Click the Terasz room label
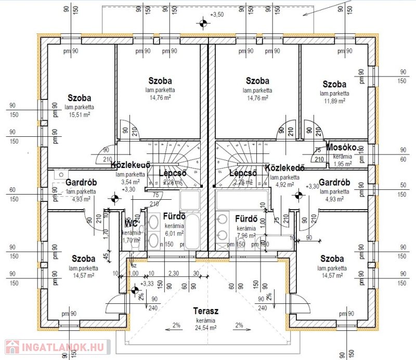pos(205,311)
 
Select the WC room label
pos(131,224)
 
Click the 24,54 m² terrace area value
pos(205,328)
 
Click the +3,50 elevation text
pos(216,15)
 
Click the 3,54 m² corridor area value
pos(129,182)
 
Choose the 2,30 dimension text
pos(174,273)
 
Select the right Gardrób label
pos(334,183)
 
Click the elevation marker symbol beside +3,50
pos(202,22)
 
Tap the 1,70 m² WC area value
pos(132,240)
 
